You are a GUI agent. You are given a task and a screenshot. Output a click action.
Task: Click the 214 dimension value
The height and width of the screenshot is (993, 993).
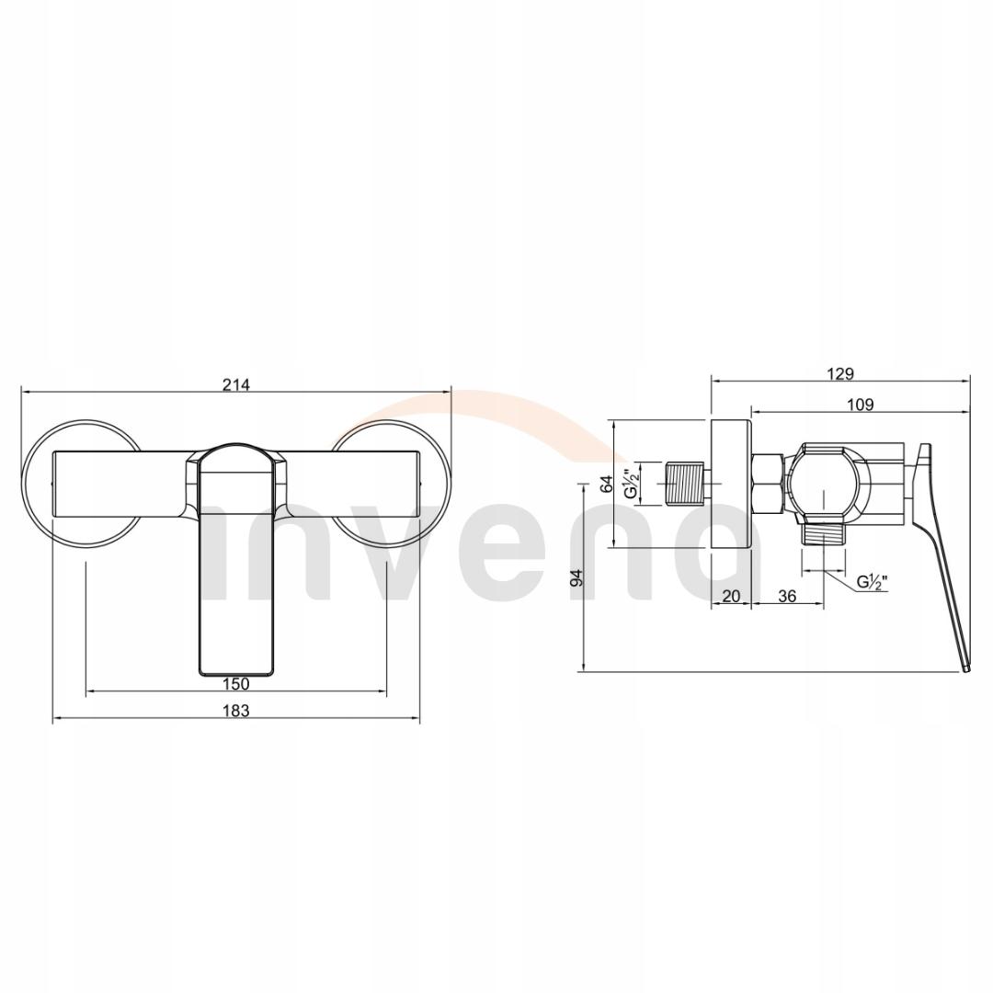coord(236,385)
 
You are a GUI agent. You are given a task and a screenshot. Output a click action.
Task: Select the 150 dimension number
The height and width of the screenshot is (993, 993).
coord(236,683)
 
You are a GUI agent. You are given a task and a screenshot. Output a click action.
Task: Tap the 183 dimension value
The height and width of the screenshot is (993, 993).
coord(236,710)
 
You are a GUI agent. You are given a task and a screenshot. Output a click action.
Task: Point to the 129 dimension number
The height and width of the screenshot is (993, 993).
coord(840,373)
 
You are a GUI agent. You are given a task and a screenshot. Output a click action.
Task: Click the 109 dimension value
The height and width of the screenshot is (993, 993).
coord(861,404)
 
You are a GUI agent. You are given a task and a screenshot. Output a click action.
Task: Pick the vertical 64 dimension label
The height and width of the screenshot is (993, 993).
coord(606,485)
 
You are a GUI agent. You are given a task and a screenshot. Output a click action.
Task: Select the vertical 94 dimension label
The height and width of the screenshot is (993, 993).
coord(576,577)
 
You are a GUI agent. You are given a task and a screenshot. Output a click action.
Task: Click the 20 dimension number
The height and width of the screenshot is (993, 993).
coord(731,596)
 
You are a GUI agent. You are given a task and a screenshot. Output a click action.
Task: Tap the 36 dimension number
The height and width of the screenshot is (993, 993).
coord(787,596)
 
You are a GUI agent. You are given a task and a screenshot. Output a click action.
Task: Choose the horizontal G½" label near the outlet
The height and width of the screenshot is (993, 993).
coord(872,581)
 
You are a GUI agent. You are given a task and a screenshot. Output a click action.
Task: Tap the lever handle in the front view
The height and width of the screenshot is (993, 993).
coord(237,570)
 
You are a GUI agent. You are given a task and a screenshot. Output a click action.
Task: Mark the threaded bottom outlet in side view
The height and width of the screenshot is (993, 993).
coord(824,536)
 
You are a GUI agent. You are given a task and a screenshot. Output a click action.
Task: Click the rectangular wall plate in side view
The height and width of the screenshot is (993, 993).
coord(731,485)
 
